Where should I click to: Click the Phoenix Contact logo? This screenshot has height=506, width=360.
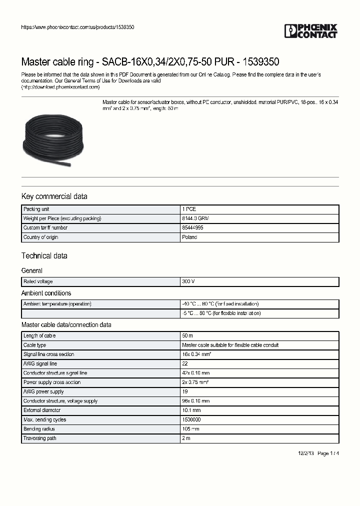[311, 31]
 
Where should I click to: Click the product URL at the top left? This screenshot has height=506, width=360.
[77, 27]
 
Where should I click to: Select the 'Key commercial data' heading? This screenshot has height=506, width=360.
[54, 196]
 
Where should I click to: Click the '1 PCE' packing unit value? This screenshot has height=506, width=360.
[189, 209]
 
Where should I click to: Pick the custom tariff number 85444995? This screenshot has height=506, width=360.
[192, 228]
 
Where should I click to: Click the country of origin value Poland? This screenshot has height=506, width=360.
[189, 237]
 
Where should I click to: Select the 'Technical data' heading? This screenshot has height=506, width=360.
[44, 256]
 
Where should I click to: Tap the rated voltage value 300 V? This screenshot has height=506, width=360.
[188, 281]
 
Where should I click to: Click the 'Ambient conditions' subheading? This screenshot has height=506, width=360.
[46, 293]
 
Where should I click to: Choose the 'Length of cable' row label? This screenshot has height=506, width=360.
[39, 336]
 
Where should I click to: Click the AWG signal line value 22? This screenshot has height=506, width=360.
[185, 363]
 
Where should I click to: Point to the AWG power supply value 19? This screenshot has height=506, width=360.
[185, 391]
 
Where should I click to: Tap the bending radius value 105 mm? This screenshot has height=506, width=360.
[191, 429]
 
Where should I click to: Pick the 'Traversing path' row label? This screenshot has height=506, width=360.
[40, 438]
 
